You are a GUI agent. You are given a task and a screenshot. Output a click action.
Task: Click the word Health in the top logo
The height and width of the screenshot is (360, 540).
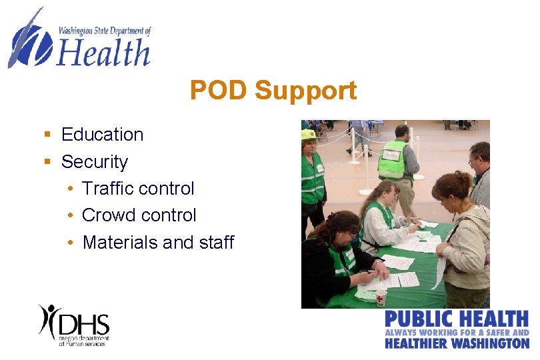(103, 52)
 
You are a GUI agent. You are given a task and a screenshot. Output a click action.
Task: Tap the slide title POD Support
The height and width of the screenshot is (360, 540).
(273, 91)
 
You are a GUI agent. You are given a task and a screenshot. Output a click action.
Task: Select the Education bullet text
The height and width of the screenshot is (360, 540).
(102, 135)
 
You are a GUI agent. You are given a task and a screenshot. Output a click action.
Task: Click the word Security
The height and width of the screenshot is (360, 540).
(94, 162)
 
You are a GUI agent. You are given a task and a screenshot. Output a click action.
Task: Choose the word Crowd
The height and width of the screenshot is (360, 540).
(105, 215)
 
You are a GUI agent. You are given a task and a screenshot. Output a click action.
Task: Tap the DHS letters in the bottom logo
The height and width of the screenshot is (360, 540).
(84, 323)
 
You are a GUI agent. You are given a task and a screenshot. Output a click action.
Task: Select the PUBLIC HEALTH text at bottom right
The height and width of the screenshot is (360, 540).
(457, 319)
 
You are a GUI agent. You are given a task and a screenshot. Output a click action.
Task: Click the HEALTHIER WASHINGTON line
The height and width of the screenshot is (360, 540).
(457, 343)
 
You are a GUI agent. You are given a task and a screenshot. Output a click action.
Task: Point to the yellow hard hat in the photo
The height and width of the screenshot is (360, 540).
(308, 135)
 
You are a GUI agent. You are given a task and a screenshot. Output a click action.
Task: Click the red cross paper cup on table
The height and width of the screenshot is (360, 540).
(381, 297)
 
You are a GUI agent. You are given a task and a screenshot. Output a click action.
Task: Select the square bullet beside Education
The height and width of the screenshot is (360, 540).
(47, 135)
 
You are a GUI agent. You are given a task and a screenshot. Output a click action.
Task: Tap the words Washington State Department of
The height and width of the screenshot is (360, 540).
(105, 31)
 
